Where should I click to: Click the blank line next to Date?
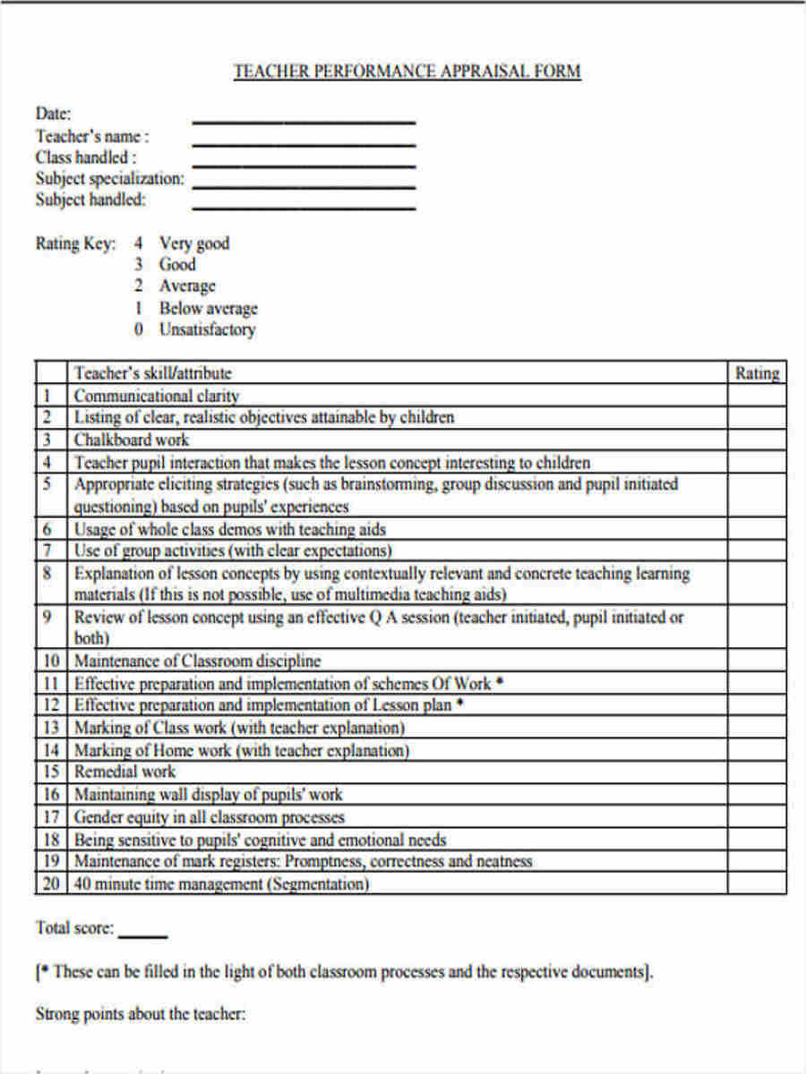point(304,121)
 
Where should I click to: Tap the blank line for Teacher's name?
point(304,143)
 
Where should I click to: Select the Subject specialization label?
point(109,178)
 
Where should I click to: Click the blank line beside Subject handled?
point(304,208)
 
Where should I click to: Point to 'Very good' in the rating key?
point(194,243)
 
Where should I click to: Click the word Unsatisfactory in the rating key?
point(207,329)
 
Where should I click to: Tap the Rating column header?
point(757,373)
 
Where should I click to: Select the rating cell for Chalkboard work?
point(757,439)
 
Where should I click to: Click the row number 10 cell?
point(51,661)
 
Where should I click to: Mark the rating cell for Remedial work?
point(757,771)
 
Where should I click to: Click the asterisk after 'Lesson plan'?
point(460,704)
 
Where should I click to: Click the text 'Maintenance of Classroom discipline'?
point(197,661)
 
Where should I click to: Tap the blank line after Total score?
point(142,935)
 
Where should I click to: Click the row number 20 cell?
point(51,884)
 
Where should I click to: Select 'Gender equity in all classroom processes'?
point(209,817)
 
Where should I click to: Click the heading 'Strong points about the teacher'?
point(140,1014)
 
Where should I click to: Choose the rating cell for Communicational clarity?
point(757,396)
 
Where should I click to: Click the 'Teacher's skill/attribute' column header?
point(152,373)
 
